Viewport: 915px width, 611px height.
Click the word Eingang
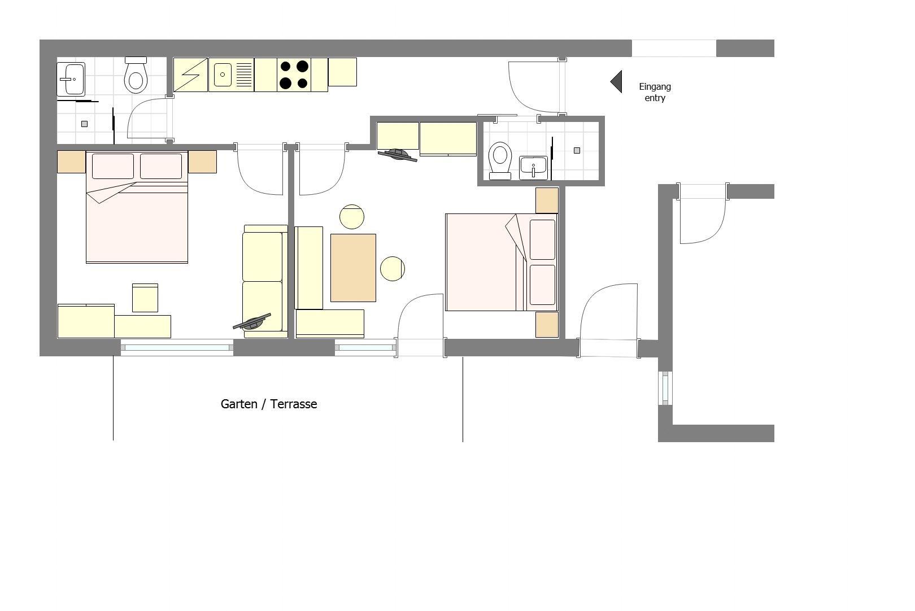click(655, 87)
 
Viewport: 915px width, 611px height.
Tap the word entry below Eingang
click(655, 98)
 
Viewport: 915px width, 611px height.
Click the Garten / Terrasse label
click(269, 404)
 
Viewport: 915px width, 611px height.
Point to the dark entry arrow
click(616, 82)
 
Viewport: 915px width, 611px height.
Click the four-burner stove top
click(294, 75)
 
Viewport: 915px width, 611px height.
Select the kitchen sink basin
click(223, 75)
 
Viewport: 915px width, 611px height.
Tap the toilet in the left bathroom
click(136, 75)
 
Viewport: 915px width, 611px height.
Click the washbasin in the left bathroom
click(71, 79)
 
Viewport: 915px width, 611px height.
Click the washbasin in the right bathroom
click(534, 168)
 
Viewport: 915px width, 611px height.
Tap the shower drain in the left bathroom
click(85, 124)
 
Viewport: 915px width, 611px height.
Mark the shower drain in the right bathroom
click(577, 150)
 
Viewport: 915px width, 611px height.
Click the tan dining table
click(354, 268)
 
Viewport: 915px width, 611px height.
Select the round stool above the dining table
click(352, 217)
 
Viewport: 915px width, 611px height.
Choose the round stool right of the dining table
click(393, 268)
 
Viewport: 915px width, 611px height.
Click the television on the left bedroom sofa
click(252, 322)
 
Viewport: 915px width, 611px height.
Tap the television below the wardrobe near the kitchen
click(398, 155)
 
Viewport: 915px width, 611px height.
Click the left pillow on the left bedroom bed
click(113, 166)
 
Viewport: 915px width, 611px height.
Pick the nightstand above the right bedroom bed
click(547, 200)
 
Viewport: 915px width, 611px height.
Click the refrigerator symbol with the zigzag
click(190, 75)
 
